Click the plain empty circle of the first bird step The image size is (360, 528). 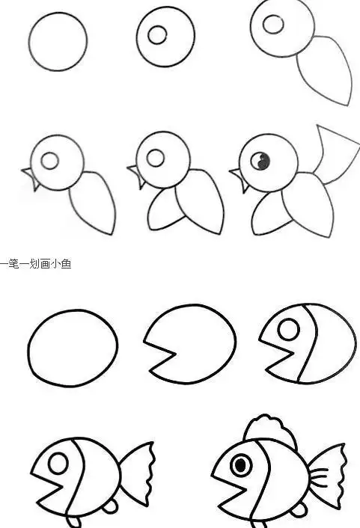pos(58,42)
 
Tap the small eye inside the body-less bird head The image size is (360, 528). pos(157,34)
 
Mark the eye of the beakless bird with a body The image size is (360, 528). pos(273,24)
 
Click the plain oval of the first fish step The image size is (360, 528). pos(73,348)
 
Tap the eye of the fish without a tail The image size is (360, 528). pos(288,328)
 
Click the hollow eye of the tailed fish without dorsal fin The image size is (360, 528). pos(58,464)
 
